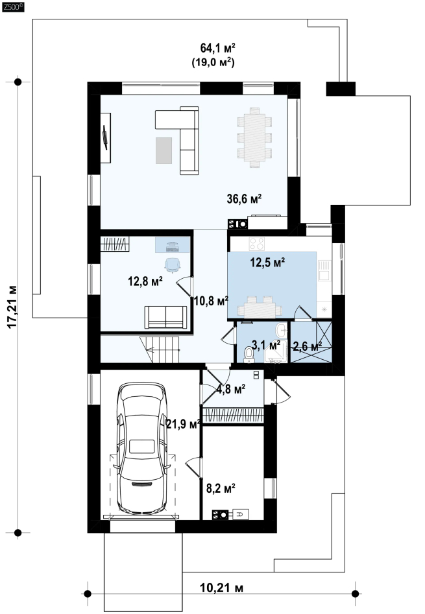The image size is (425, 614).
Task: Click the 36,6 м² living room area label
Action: pos(244,199)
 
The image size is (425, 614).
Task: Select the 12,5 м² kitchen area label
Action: pos(267,263)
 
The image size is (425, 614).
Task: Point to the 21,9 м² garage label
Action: pos(184,423)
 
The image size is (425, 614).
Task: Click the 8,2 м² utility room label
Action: pos(221,488)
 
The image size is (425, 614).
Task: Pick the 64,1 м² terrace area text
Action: pos(218,48)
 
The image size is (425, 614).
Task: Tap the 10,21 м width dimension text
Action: pos(222,588)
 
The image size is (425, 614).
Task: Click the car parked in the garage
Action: pos(141,449)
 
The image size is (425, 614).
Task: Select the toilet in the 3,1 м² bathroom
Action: pos(249,353)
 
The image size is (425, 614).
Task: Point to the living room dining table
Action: pos(254,137)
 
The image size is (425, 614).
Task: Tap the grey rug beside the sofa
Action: pos(164,150)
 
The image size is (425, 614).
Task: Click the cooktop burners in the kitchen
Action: pos(257,244)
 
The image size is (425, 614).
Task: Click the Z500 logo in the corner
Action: pos(13,6)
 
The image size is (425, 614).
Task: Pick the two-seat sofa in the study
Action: pos(165,317)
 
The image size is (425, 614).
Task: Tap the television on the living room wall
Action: pos(105,137)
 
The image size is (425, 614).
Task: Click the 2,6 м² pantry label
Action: pos(308,346)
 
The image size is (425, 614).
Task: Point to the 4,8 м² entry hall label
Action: pos(231,389)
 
